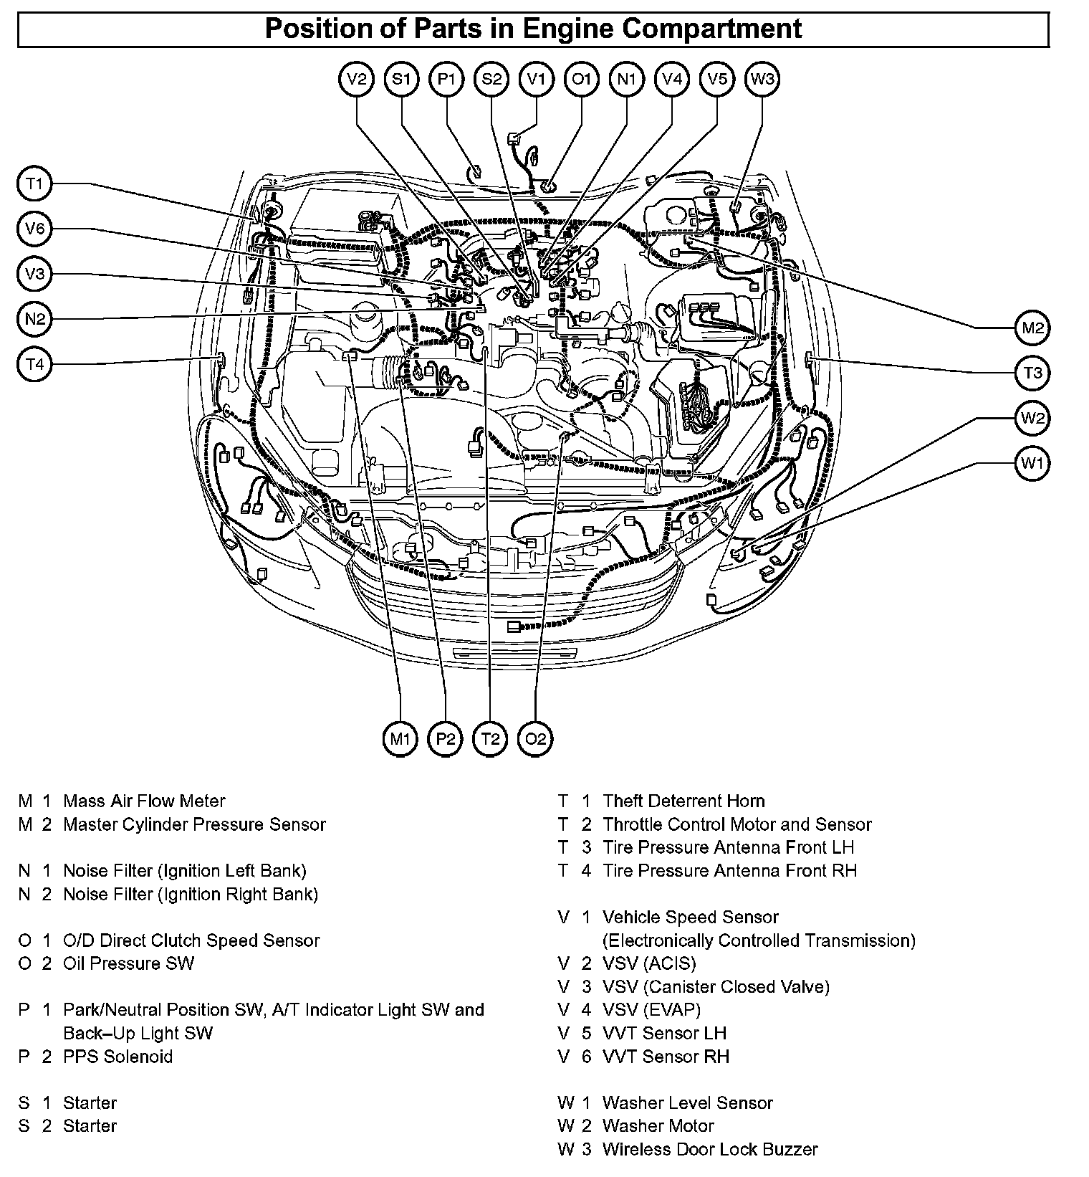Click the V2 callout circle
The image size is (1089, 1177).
356,79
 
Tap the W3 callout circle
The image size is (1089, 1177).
762,79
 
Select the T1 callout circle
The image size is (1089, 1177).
34,184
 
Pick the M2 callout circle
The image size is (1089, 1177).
1032,328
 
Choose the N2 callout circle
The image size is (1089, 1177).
34,319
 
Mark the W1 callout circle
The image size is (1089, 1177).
1032,462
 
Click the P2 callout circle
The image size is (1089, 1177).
445,738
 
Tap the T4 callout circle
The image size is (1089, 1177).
34,364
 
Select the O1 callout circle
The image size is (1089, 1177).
581,79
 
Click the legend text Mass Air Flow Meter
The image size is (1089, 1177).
144,801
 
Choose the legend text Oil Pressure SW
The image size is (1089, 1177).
128,963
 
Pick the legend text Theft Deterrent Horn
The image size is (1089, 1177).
683,801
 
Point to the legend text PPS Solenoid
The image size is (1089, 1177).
117,1056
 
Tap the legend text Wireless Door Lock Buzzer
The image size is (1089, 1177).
709,1149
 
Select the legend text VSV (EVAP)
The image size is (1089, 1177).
651,1009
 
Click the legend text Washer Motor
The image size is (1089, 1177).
658,1125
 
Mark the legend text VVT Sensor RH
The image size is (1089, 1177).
666,1056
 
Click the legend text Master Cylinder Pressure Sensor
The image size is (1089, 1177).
194,824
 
